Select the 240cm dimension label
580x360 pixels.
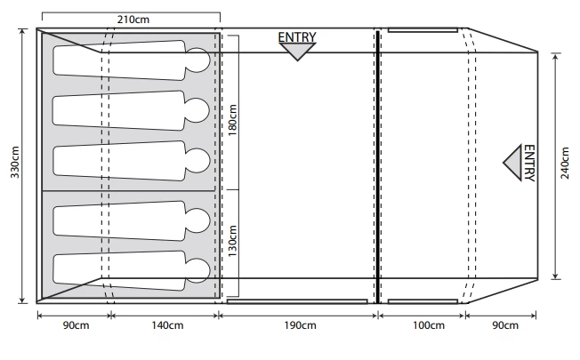coord(567,165)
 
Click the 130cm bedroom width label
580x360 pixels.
coord(234,243)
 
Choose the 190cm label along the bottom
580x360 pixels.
coord(301,325)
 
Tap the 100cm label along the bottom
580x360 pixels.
coord(428,325)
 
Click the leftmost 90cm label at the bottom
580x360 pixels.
coord(75,325)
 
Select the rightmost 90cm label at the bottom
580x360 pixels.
coord(503,325)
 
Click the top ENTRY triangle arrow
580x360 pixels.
coord(297,52)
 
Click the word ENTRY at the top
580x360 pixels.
coord(297,37)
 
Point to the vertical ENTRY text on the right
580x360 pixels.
coord(528,164)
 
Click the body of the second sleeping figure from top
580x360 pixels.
coord(120,109)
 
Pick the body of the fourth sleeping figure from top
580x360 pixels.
coord(120,219)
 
